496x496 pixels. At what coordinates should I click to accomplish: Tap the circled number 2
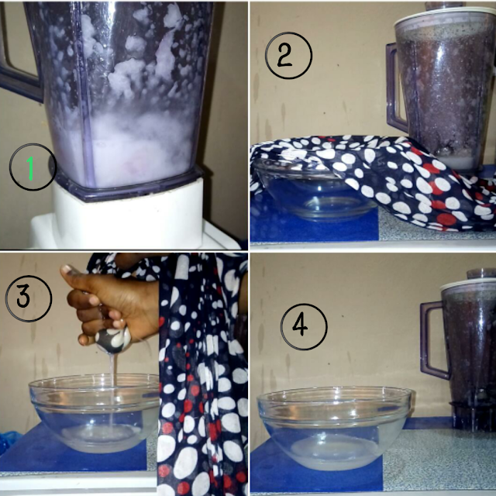[288, 55]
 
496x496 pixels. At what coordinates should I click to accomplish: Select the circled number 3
[29, 298]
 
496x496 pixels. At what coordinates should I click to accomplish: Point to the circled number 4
[304, 327]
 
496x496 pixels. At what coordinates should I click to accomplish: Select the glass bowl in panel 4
[334, 428]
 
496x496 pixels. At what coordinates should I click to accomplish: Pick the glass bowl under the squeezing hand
[95, 413]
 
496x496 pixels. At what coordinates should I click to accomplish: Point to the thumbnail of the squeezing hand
[68, 270]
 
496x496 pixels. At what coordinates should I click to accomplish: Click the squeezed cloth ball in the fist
[114, 341]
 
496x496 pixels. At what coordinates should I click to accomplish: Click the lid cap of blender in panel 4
[480, 274]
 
